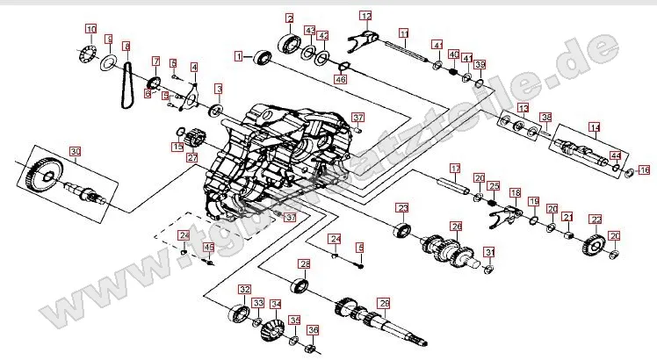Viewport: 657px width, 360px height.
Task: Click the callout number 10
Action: click(x=91, y=30)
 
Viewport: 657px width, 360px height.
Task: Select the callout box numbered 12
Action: click(x=365, y=15)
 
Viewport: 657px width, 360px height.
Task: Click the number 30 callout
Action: click(x=75, y=151)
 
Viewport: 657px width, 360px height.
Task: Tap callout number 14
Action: click(x=595, y=127)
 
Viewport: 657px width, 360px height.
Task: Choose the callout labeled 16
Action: click(x=644, y=169)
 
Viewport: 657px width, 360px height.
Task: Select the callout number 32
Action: click(x=244, y=289)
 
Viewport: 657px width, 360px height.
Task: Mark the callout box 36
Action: click(x=313, y=330)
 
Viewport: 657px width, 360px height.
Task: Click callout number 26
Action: click(x=456, y=226)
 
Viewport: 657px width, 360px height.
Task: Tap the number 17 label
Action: click(x=455, y=168)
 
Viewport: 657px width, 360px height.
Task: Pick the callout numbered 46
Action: click(x=340, y=79)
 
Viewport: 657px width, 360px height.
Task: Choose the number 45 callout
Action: click(x=209, y=248)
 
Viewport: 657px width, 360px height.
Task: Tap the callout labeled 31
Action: click(x=488, y=252)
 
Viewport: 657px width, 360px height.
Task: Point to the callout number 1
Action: click(x=238, y=56)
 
